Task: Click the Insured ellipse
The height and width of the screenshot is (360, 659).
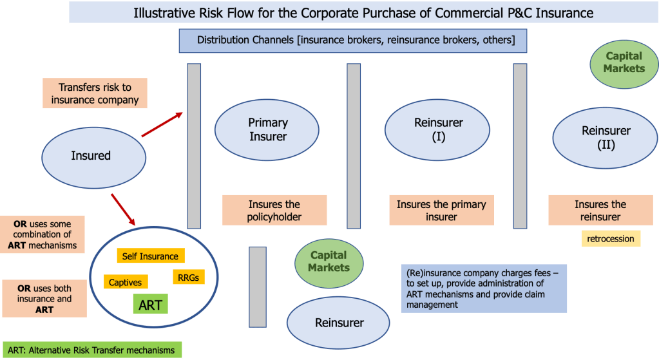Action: pos(91,155)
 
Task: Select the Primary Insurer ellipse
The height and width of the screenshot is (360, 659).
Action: pos(268,129)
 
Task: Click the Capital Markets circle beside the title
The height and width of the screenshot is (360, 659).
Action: pos(624,62)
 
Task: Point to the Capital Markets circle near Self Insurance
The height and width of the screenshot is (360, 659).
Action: pos(329,261)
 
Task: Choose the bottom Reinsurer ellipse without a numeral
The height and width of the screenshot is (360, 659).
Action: pos(339,323)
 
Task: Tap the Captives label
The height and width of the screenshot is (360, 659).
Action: pos(125,282)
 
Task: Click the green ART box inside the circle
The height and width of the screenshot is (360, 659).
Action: pos(149,305)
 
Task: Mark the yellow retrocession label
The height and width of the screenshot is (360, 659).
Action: pos(611,239)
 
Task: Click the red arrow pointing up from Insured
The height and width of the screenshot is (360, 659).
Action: pos(162,124)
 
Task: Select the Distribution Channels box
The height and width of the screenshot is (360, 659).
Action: pos(356,40)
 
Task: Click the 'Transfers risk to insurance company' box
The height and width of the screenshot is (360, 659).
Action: pos(95,93)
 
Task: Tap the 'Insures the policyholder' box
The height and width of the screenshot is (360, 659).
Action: pos(274,211)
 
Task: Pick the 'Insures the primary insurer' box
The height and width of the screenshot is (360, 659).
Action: pos(441,211)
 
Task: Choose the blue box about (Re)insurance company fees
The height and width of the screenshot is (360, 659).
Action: pos(484,289)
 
